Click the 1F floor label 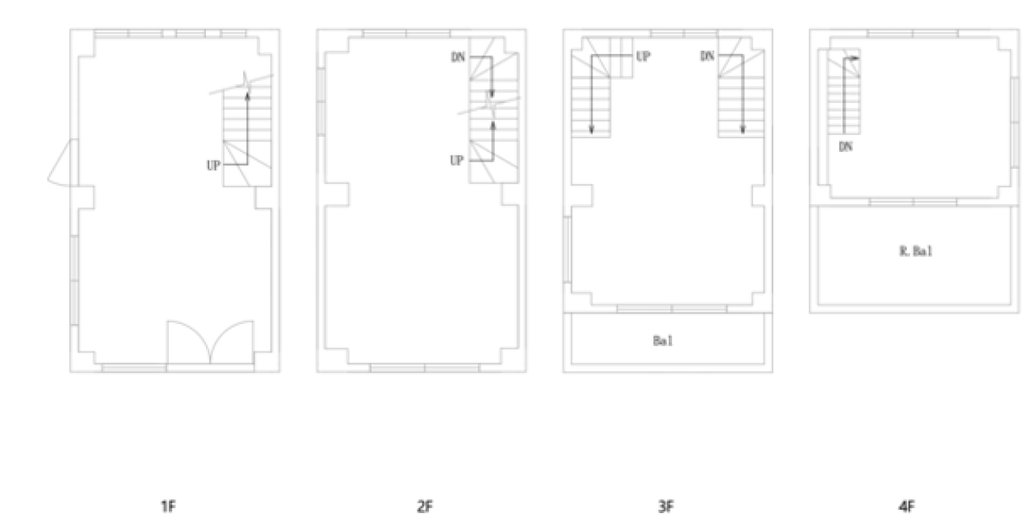tap(168, 507)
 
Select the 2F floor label tap(425, 507)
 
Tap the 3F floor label tap(665, 507)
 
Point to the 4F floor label tap(906, 507)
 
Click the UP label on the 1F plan tap(213, 166)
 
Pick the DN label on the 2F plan tap(458, 57)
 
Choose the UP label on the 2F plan tap(456, 160)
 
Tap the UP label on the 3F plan tap(643, 56)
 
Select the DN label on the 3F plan tap(707, 56)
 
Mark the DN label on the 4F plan tap(846, 146)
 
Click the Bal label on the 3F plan tap(663, 341)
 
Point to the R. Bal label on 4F tap(916, 251)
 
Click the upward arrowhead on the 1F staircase tap(247, 96)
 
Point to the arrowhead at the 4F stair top tap(855, 59)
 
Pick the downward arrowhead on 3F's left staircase tap(591, 130)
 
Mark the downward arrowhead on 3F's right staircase tap(743, 129)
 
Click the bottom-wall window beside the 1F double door tap(134, 368)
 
